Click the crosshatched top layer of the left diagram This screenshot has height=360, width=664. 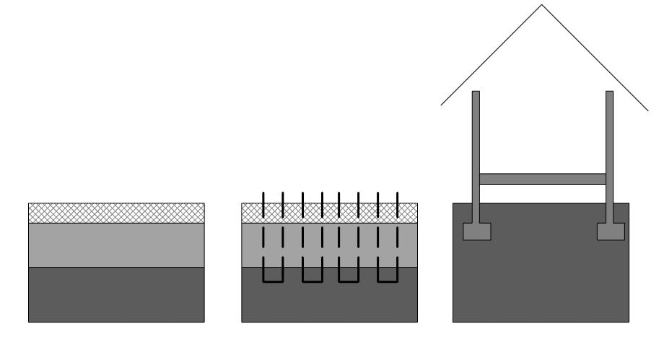tap(116, 214)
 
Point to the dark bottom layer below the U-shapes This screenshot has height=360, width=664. tap(329, 303)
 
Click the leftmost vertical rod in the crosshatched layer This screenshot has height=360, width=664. tap(263, 204)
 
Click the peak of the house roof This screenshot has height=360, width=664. tap(542, 6)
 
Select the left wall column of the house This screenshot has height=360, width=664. tap(476, 152)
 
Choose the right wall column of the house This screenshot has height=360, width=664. tap(609, 152)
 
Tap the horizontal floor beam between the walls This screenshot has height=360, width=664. tap(543, 179)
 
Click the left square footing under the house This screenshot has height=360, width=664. tap(476, 231)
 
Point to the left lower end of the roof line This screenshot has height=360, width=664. tap(442, 105)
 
